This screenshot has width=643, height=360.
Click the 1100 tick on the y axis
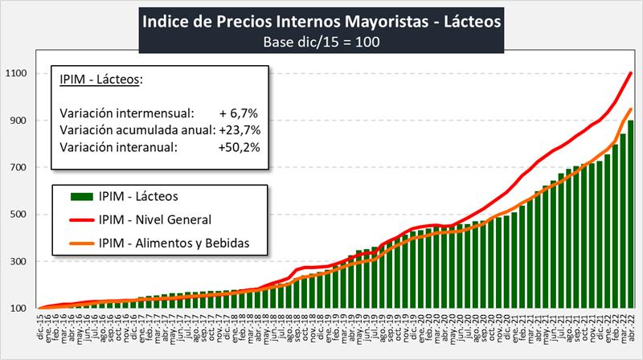[x=18, y=74]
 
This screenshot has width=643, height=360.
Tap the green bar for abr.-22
[x=631, y=217]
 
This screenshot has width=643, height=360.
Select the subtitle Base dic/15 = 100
[x=321, y=42]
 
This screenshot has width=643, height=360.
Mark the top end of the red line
[x=631, y=73]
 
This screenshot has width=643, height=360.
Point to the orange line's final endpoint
[x=631, y=109]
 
